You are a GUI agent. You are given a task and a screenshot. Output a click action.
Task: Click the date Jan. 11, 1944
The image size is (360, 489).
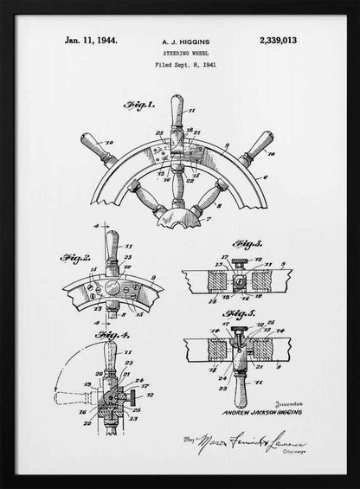(91, 40)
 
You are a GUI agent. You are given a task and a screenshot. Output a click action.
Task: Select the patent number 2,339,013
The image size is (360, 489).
(278, 40)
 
